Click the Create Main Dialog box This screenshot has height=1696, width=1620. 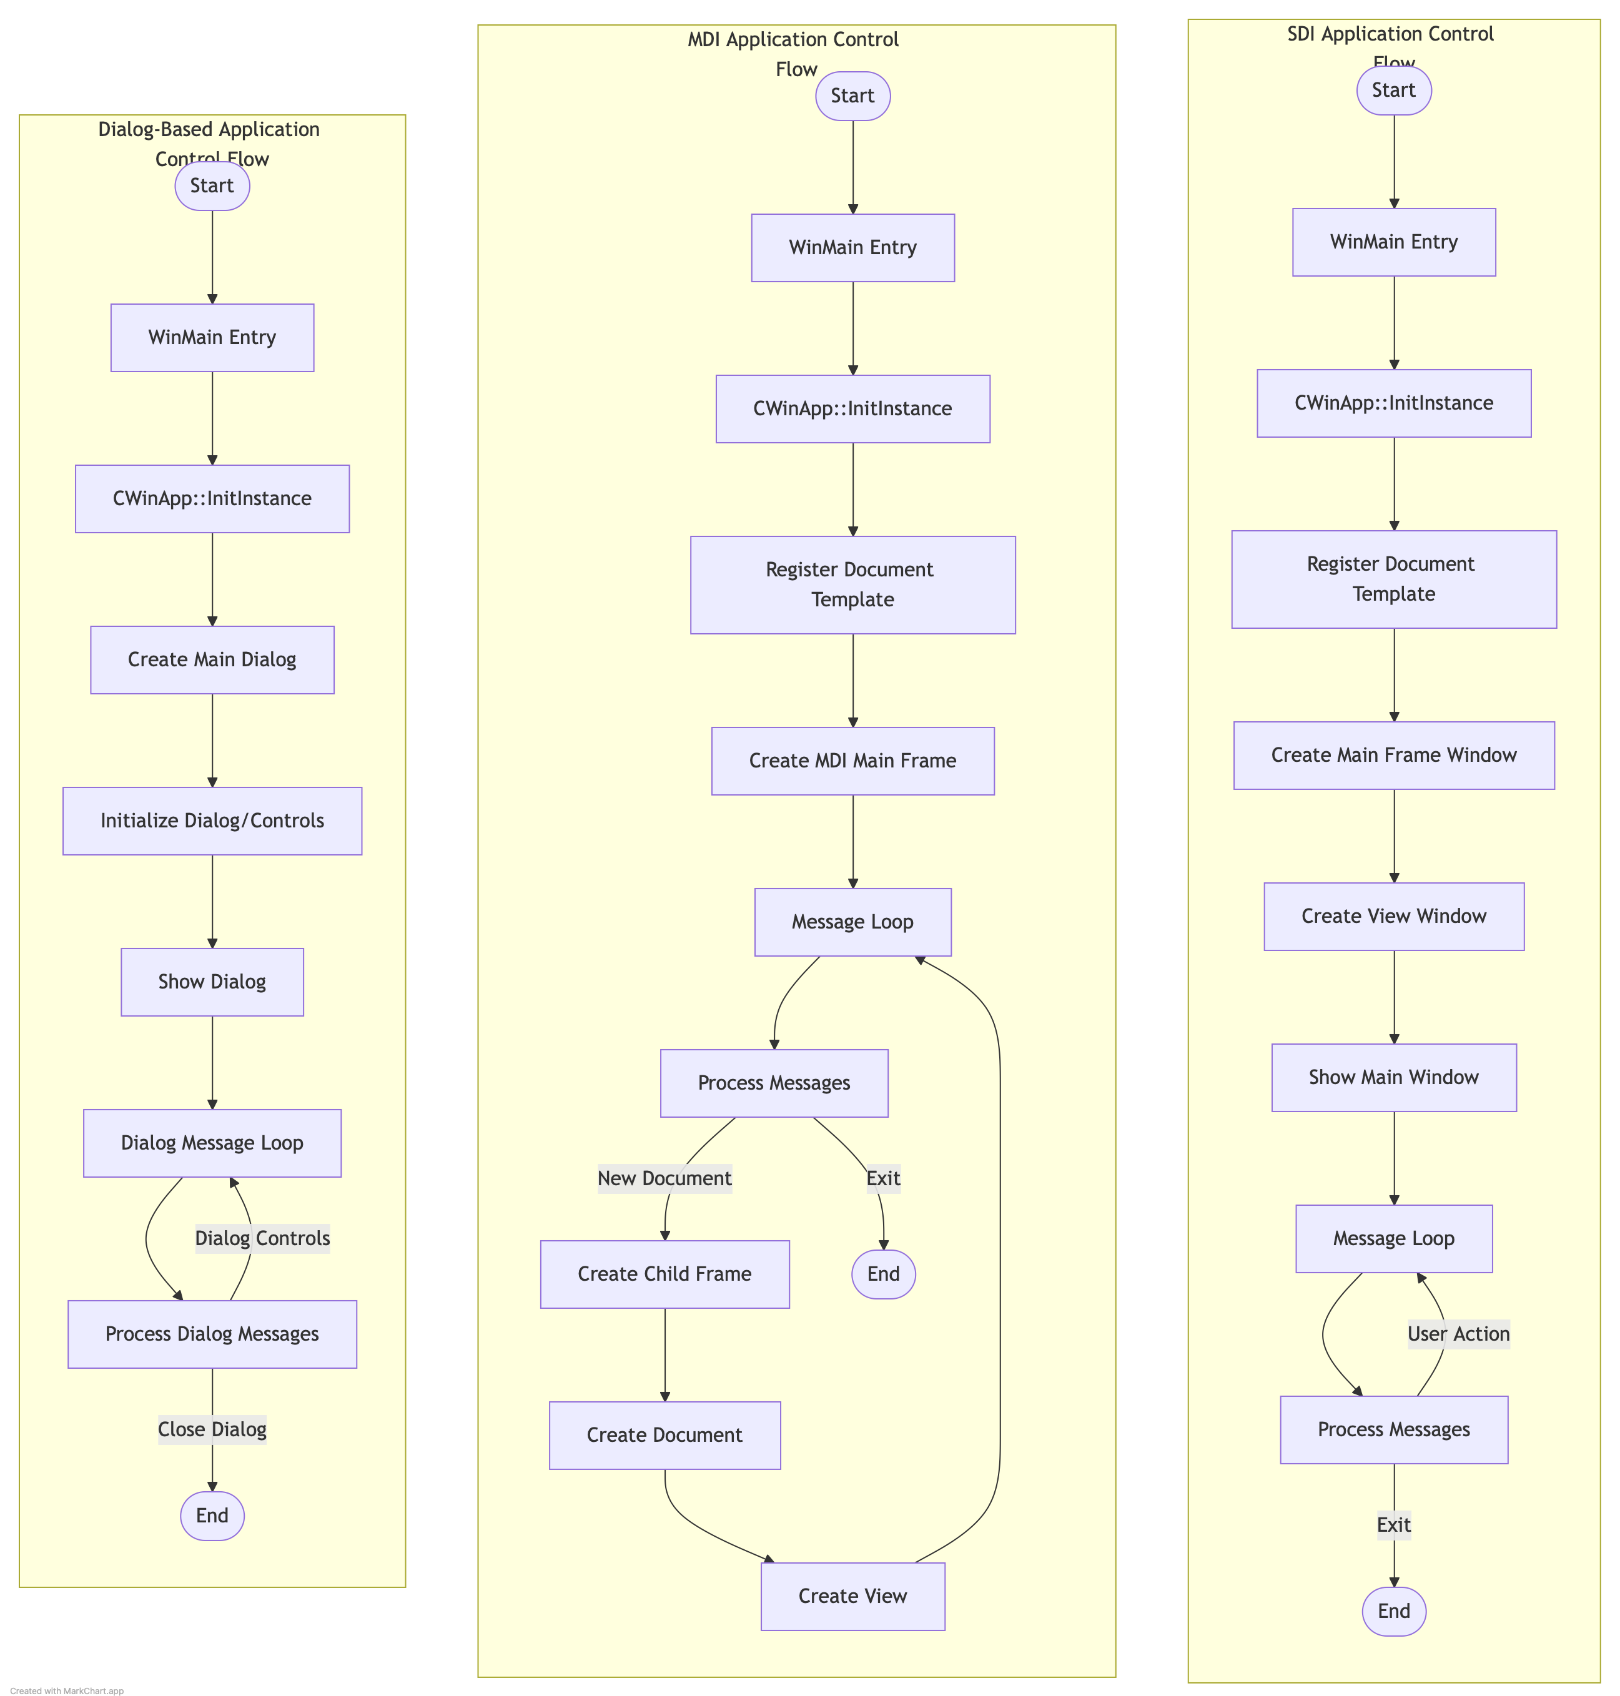[212, 660]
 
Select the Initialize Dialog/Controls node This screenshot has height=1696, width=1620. [212, 821]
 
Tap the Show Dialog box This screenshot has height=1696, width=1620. [212, 982]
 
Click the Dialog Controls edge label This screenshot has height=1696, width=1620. [262, 1238]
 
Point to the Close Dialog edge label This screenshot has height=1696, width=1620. [212, 1429]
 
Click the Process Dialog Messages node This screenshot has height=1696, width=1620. [212, 1334]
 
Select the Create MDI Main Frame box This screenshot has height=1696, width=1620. [852, 761]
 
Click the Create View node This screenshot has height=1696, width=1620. [852, 1596]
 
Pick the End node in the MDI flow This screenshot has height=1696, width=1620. [884, 1274]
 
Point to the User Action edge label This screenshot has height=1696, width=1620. [1458, 1334]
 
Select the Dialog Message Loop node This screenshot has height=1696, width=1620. [212, 1143]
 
